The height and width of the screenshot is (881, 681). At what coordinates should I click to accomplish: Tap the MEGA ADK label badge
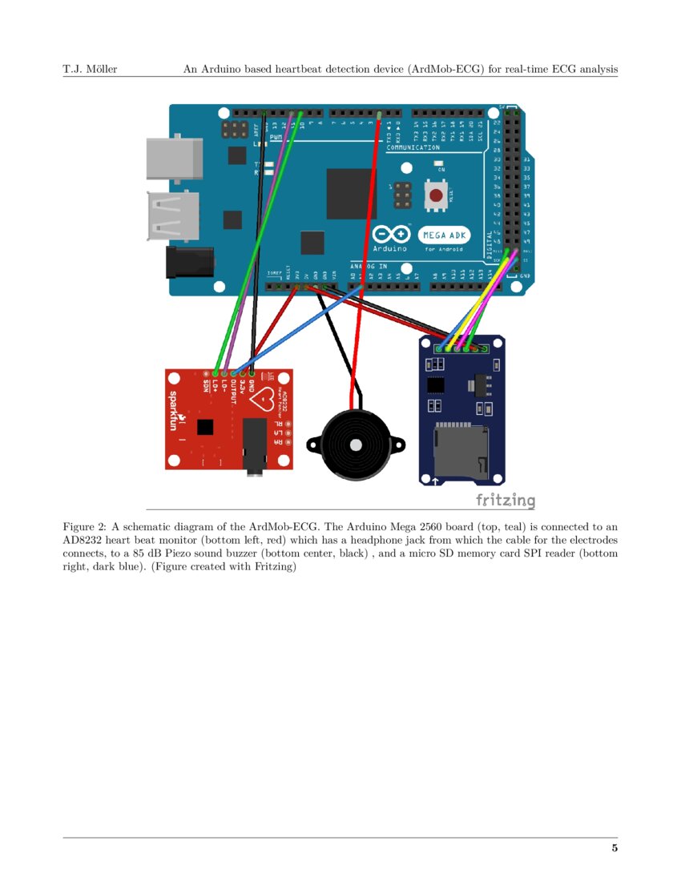click(x=444, y=235)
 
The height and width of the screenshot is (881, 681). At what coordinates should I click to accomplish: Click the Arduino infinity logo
click(x=392, y=235)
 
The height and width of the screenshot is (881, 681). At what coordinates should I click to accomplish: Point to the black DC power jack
click(x=189, y=262)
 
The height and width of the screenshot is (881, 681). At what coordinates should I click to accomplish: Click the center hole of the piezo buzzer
click(x=353, y=444)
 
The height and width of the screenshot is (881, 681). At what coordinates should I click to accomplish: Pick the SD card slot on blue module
click(x=460, y=448)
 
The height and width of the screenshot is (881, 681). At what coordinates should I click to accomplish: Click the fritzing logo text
click(x=505, y=501)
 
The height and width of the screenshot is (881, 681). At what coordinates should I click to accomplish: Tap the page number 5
click(x=615, y=848)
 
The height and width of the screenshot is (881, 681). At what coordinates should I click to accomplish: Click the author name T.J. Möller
click(x=90, y=69)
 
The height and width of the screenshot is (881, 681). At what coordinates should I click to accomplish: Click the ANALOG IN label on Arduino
click(x=369, y=266)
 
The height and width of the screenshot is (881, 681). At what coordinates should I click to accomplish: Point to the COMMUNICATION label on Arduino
click(x=413, y=147)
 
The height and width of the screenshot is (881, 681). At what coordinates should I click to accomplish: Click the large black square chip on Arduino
click(x=351, y=194)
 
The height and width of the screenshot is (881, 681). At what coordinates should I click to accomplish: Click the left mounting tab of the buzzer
click(x=313, y=442)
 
